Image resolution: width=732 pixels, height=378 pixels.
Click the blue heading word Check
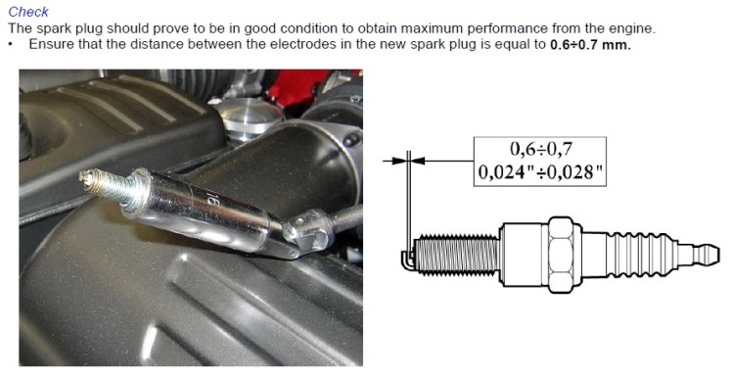click(28, 11)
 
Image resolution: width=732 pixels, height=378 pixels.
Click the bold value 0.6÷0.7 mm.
click(590, 45)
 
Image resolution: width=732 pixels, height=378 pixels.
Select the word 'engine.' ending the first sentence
click(631, 28)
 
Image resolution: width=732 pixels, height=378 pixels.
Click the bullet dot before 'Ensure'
click(11, 45)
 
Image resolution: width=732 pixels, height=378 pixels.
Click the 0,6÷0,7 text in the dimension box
click(540, 149)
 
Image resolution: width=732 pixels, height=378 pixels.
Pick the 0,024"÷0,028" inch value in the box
click(540, 172)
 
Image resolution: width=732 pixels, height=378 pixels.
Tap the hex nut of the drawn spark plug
click(564, 256)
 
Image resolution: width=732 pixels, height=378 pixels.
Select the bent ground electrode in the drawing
click(407, 260)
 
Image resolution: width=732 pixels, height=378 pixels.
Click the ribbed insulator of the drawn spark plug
click(641, 256)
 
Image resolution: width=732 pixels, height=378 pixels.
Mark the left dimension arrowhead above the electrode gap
click(398, 161)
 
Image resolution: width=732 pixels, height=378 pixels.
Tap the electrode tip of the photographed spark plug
click(83, 175)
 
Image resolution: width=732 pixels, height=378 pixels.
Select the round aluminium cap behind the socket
click(248, 116)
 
